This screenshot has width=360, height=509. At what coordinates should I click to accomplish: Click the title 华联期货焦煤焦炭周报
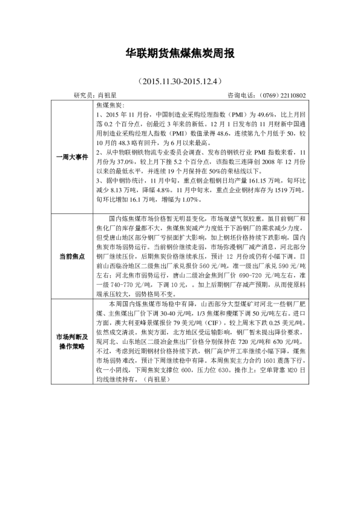179,54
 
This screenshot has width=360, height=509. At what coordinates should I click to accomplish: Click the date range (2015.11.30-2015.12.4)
179,80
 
